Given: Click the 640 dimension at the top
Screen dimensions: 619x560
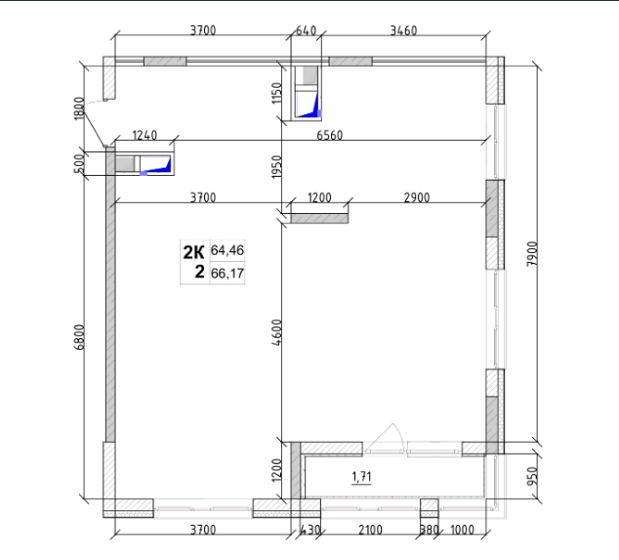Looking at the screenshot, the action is tap(306, 30).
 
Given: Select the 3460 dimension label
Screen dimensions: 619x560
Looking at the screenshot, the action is tap(403, 30).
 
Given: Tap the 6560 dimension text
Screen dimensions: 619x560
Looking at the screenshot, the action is tap(330, 135).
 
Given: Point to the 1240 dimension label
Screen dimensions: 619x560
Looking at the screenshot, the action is tap(144, 135).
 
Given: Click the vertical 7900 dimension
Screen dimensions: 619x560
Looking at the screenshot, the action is tap(532, 254).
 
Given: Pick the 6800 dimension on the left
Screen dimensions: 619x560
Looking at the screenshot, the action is tap(79, 337).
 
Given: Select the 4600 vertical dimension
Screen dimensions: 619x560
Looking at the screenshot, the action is tap(277, 332).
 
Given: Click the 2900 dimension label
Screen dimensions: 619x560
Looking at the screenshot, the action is tap(417, 197).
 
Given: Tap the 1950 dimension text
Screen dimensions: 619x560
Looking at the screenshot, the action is tap(277, 166).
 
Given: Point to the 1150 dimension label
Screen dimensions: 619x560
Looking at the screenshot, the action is tap(277, 93).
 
